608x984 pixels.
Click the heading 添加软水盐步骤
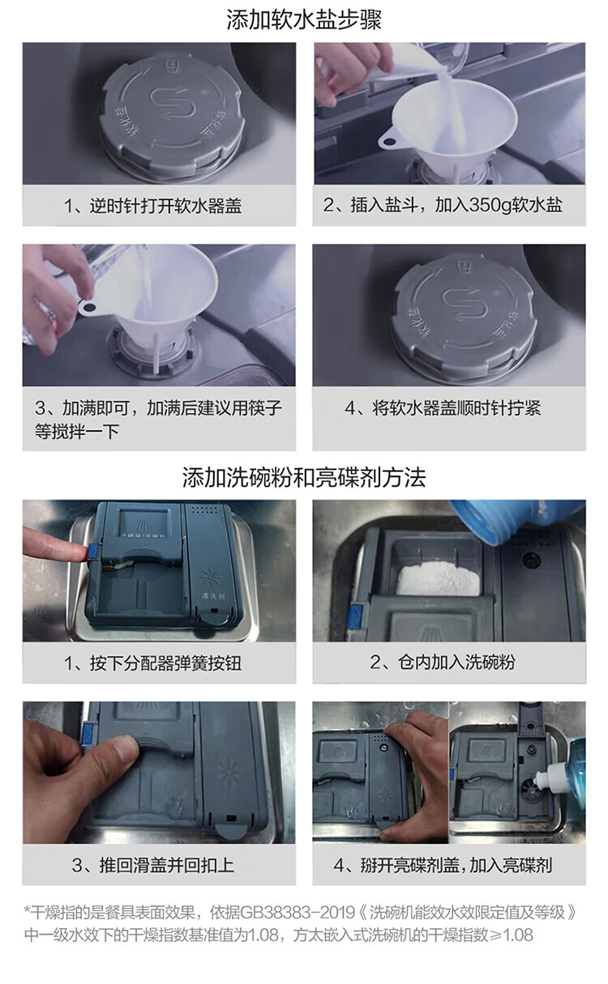(304, 19)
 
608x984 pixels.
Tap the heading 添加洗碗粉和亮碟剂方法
(304, 478)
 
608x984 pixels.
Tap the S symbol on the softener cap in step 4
(465, 304)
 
